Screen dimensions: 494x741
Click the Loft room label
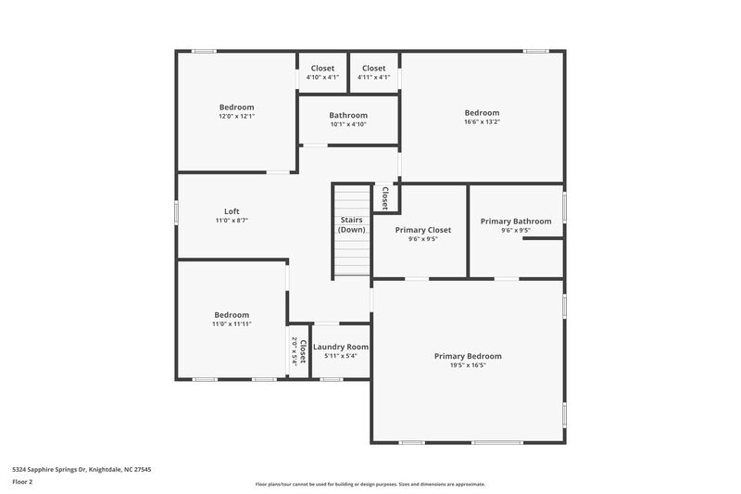click(x=232, y=211)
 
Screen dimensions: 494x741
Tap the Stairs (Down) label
click(x=351, y=224)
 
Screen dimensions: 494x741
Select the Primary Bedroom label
click(x=468, y=356)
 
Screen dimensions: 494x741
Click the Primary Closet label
click(x=422, y=229)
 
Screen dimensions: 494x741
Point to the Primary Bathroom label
click(x=516, y=222)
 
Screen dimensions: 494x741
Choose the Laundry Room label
click(x=341, y=347)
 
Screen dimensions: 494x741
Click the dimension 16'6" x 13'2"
click(x=482, y=121)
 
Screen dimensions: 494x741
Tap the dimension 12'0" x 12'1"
click(x=236, y=116)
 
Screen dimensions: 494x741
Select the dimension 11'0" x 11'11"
click(x=232, y=323)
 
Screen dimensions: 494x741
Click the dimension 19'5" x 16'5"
click(x=468, y=365)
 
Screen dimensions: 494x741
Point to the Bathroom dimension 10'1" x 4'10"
click(x=348, y=124)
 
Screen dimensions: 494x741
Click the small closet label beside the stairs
click(x=384, y=196)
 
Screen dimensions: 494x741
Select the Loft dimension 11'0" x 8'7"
click(x=232, y=221)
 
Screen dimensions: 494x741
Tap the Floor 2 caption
click(x=23, y=482)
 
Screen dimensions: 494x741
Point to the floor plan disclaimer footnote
click(x=370, y=484)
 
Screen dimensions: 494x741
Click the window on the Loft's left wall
click(x=178, y=211)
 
